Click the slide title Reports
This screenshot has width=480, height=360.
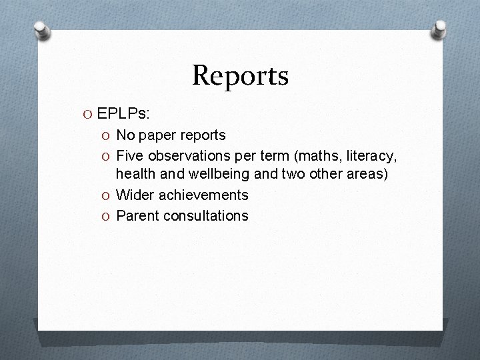(x=240, y=75)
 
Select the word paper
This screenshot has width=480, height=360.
(x=156, y=135)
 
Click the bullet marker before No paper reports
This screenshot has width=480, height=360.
(x=107, y=135)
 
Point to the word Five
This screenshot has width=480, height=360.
(x=130, y=155)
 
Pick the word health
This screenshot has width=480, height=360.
(x=134, y=175)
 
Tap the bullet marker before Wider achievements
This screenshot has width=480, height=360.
(x=107, y=195)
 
